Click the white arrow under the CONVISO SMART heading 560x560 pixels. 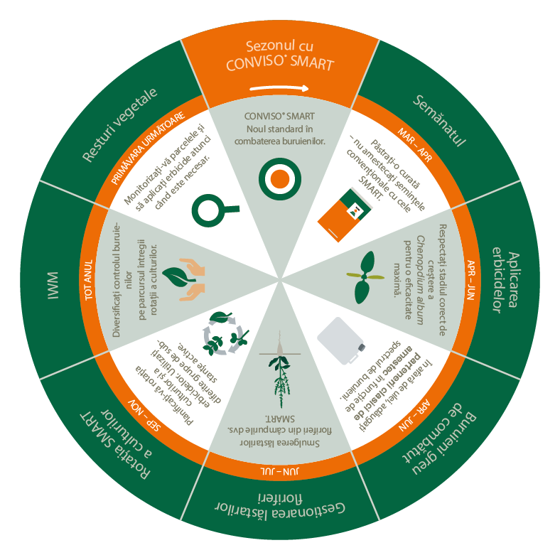[x=279, y=89]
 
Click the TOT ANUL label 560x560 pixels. [x=90, y=279]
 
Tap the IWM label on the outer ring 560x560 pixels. [x=53, y=279]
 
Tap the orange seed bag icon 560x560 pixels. [x=345, y=212]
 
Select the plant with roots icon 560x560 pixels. [x=279, y=377]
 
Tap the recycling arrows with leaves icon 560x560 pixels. [x=225, y=333]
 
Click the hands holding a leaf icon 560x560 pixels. [x=183, y=276]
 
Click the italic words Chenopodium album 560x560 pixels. [x=417, y=269]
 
